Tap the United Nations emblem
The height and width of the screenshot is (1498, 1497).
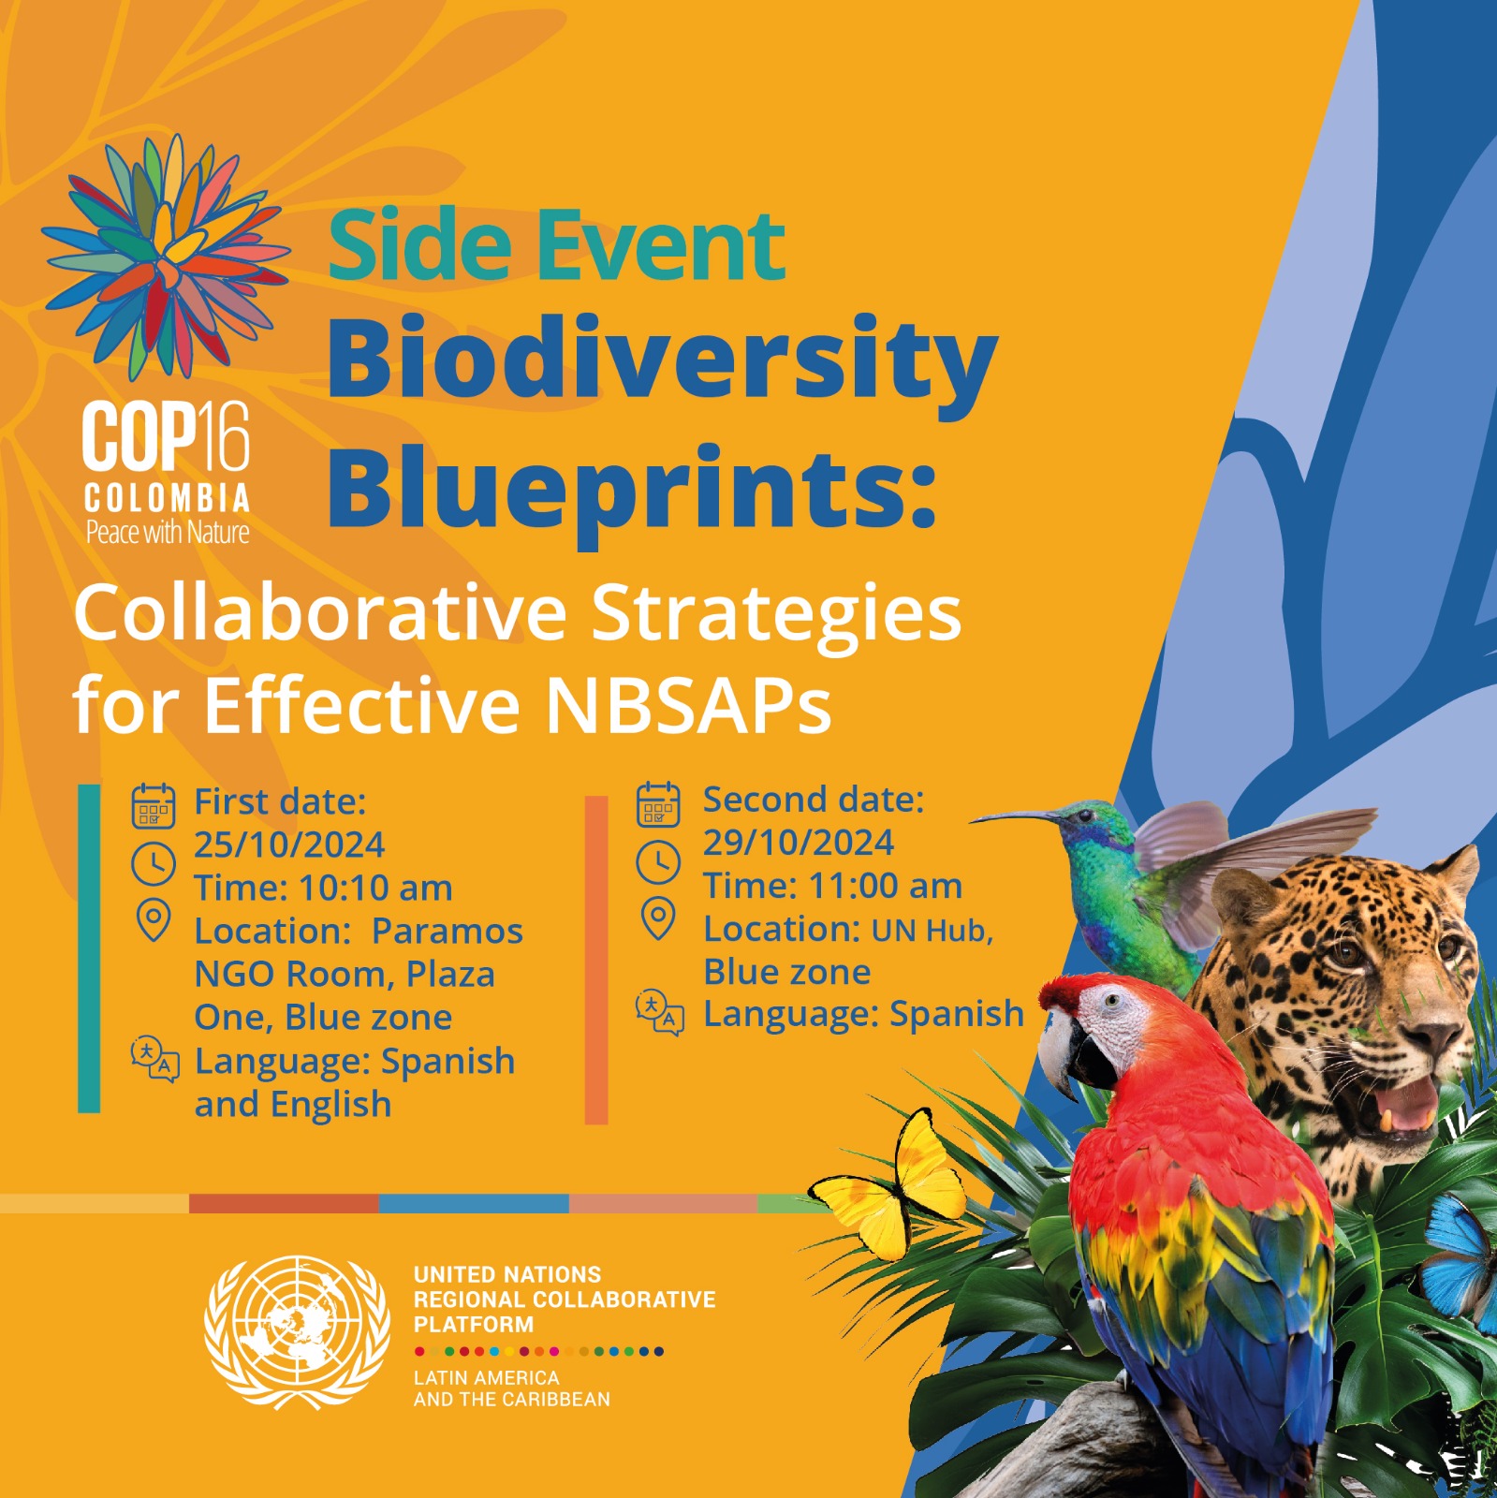coord(297,1333)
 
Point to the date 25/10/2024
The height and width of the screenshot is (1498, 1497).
coord(289,844)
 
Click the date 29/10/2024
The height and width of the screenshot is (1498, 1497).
coord(799,843)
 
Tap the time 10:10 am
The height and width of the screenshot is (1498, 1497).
coord(375,888)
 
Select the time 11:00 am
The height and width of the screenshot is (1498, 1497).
coord(885,886)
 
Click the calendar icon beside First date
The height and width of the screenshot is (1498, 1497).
coord(154,806)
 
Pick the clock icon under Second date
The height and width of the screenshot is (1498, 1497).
coord(659,861)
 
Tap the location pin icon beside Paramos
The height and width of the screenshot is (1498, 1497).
coord(154,920)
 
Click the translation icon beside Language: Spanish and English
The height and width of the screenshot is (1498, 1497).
coord(154,1059)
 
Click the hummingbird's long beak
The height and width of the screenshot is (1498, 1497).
coord(1015,817)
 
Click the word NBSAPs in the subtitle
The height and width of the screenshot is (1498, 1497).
coord(687,704)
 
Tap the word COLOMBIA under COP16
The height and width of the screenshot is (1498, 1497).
coord(167,498)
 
